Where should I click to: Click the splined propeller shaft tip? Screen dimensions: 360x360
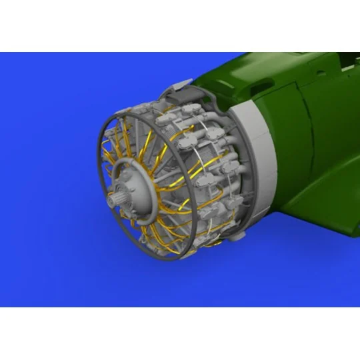pos(115,198)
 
